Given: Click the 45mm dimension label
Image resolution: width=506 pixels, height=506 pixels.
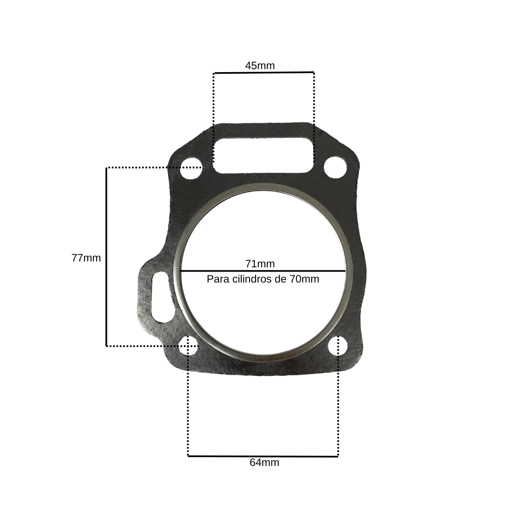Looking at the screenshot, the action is pos(260,66).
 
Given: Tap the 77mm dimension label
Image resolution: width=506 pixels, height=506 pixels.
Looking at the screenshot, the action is pos(86,258).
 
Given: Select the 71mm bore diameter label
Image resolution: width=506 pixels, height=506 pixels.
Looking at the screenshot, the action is pos(260,264).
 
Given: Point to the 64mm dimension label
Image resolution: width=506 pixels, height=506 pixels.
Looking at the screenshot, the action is pos(264,463).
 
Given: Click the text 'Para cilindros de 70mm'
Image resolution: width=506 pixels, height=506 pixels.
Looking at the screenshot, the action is pos(263,279).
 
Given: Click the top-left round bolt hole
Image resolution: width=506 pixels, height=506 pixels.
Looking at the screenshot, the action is pos(191,168).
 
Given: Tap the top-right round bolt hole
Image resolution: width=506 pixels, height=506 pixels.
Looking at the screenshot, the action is pos(335,167).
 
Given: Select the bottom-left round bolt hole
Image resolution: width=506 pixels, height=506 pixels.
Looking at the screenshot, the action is pos(188,346).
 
